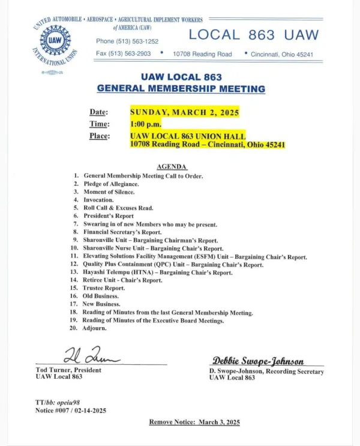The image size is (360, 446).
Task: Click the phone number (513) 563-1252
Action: pos(127,41)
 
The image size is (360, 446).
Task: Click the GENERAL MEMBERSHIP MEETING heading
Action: pos(181,88)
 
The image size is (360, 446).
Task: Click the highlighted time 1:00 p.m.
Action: pos(146,124)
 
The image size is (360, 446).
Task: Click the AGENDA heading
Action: pos(172,166)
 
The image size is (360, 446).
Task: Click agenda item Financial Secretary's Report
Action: pos(122,231)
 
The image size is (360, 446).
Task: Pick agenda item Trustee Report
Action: pos(105,288)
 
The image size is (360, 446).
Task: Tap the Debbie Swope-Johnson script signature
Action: pos(258,361)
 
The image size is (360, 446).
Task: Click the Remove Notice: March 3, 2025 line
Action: pos(194,422)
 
